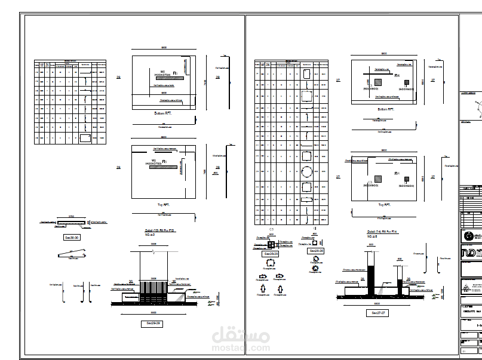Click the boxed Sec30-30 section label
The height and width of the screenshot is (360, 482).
click(x=71, y=236)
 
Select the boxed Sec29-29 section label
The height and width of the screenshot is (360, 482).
click(x=154, y=323)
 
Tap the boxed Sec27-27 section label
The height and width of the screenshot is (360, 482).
click(x=376, y=312)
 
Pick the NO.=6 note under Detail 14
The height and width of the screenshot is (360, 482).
click(x=372, y=237)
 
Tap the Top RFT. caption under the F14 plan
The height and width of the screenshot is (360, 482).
click(x=384, y=204)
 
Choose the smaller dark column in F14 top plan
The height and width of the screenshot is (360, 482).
click(x=406, y=179)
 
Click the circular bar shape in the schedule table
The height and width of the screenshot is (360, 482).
click(x=306, y=172)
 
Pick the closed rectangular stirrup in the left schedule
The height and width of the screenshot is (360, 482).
click(x=85, y=138)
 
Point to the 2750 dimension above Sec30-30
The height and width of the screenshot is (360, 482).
click(x=71, y=216)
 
